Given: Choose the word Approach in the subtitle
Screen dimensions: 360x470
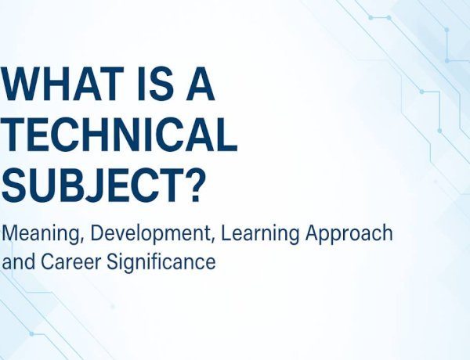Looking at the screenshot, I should pyautogui.click(x=349, y=233).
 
